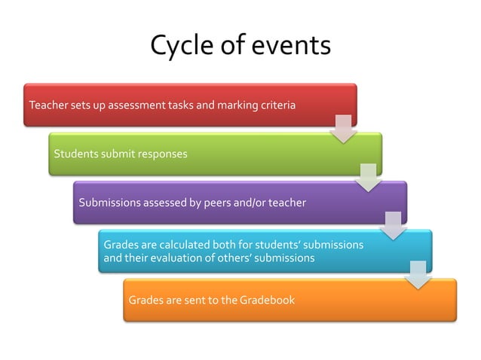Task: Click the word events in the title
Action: (289, 46)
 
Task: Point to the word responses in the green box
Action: (161, 154)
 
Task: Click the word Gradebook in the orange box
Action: (267, 301)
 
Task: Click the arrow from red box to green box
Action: (344, 129)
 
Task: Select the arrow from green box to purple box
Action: (369, 177)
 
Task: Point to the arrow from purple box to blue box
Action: (394, 225)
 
